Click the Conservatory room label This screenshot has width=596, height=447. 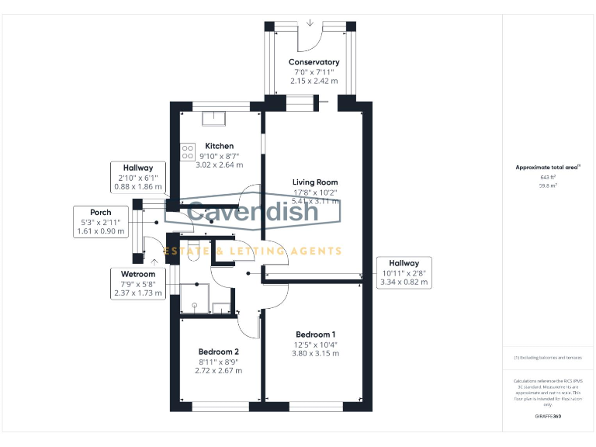pos(314,62)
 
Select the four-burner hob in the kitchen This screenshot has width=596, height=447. pos(188,152)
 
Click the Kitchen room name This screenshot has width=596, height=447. pos(220,146)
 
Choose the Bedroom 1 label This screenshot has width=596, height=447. pos(316,334)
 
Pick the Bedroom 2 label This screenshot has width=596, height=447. pos(219,352)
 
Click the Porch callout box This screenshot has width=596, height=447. pos(100,221)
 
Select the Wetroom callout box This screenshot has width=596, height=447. pos(138,283)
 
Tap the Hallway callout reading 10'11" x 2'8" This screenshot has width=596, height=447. pos(404,272)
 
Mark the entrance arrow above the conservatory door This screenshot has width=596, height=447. pos(310,23)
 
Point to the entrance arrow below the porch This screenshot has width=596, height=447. pos(155,263)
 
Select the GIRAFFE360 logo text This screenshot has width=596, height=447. pos(548,418)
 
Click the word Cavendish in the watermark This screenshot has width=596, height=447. pos(253,212)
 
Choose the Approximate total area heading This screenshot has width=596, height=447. pos(548,167)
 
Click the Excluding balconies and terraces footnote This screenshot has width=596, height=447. pos(548,357)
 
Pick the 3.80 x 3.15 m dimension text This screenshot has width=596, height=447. pos(316,353)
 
